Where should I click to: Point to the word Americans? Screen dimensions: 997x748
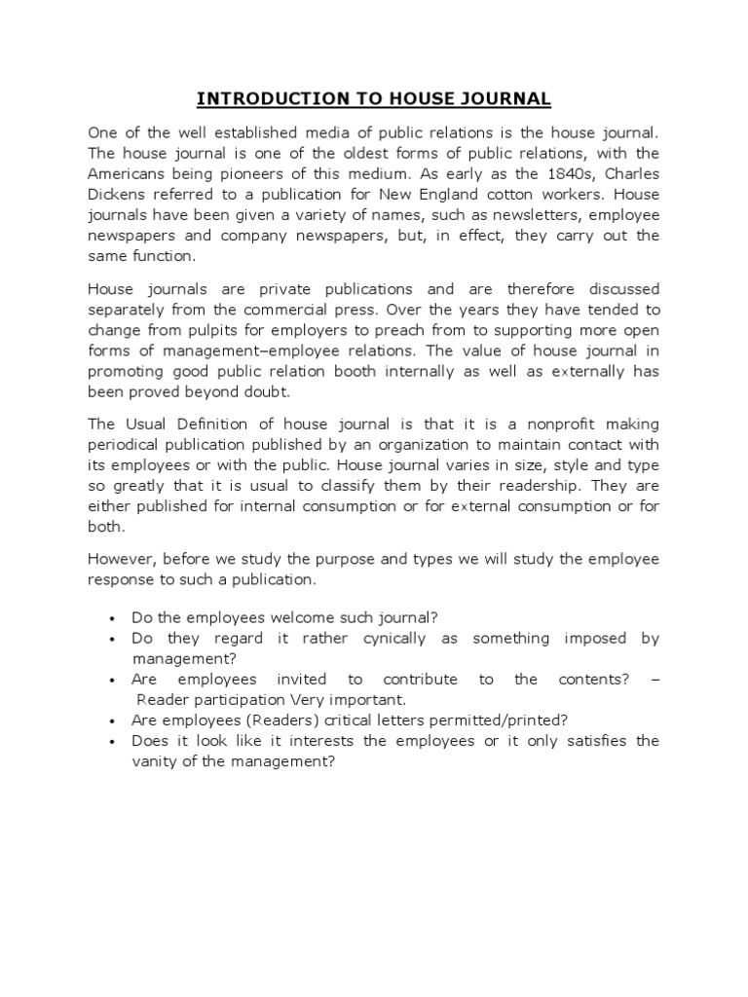[127, 172]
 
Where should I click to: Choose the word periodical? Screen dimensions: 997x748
[127, 445]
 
